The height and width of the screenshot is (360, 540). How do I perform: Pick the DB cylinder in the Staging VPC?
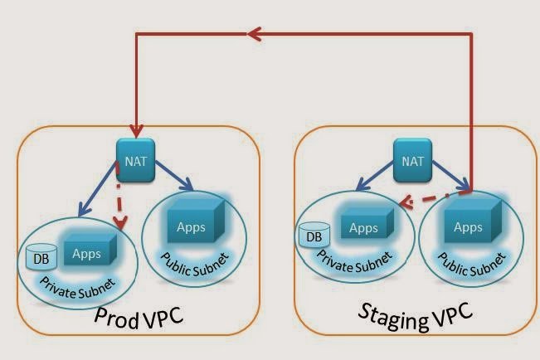click(314, 237)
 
